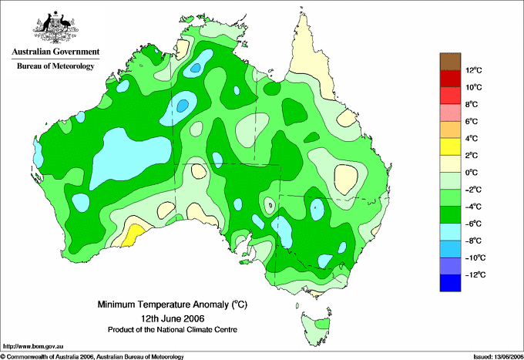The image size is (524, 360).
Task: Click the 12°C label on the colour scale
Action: click(474, 70)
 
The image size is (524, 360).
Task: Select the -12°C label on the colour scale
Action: click(475, 274)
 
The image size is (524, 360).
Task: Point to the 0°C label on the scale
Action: click(472, 173)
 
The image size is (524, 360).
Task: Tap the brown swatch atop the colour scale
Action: click(450, 62)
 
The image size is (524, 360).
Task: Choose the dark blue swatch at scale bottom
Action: click(450, 283)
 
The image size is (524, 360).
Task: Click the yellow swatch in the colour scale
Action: click(450, 146)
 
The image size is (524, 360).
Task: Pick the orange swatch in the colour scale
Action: click(450, 130)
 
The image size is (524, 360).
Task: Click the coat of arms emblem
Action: click(55, 27)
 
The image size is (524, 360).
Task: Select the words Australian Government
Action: click(55, 52)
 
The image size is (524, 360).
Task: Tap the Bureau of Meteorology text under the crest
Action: click(55, 66)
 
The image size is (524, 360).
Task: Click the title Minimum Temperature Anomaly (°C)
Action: click(173, 304)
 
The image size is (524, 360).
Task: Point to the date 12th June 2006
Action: click(173, 318)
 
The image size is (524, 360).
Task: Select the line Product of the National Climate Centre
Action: click(173, 330)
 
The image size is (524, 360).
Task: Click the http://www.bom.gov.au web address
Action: click(33, 347)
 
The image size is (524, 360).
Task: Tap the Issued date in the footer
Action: click(498, 357)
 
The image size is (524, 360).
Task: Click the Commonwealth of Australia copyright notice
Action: click(92, 357)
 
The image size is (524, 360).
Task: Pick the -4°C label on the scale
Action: click(473, 207)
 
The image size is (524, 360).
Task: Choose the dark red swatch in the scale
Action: click(450, 79)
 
